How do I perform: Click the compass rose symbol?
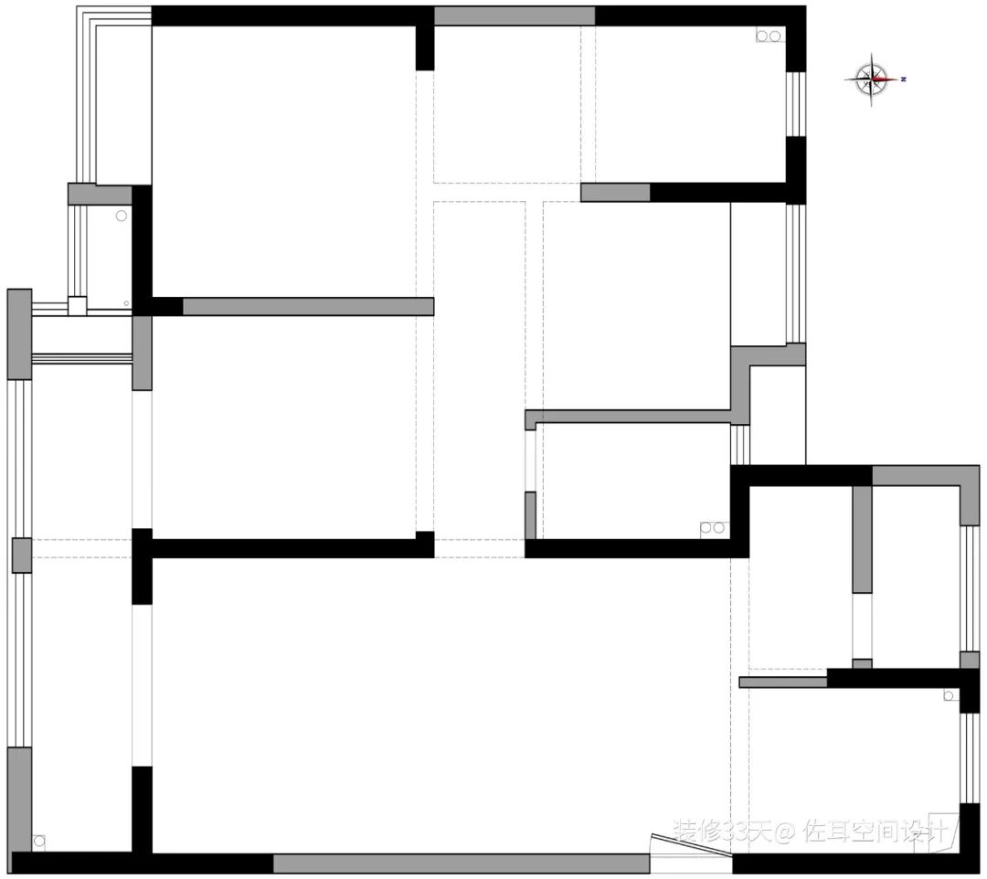(x=875, y=79)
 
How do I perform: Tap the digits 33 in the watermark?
(x=733, y=831)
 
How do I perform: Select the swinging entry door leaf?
(x=690, y=847)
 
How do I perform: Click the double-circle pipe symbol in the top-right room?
(x=769, y=37)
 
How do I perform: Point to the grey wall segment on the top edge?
(x=514, y=16)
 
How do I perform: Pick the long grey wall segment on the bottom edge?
(x=462, y=863)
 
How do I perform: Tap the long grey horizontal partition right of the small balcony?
(x=308, y=306)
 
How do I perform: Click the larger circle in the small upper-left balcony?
(x=121, y=216)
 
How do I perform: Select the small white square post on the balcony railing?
(x=78, y=306)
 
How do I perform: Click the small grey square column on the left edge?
(x=21, y=556)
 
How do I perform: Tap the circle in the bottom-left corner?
(x=39, y=841)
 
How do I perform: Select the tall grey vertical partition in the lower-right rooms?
(x=862, y=539)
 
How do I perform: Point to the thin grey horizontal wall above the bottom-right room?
(x=782, y=682)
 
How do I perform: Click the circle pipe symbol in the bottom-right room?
(x=949, y=696)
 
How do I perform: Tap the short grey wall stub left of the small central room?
(x=530, y=514)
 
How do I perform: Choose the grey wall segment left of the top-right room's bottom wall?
(x=615, y=193)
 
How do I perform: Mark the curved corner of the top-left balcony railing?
(x=84, y=18)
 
